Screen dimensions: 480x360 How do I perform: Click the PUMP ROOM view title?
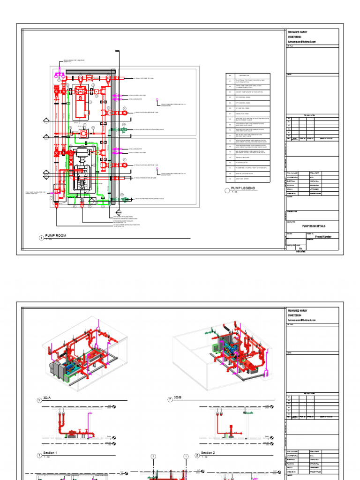pyautogui.click(x=55, y=237)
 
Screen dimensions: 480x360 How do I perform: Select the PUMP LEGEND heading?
pyautogui.click(x=243, y=188)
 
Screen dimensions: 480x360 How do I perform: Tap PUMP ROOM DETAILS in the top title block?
pyautogui.click(x=313, y=226)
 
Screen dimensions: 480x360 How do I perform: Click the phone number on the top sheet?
pyautogui.click(x=296, y=37)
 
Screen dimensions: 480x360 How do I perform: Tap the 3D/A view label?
pyautogui.click(x=47, y=398)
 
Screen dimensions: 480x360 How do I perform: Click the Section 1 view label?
pyautogui.click(x=50, y=453)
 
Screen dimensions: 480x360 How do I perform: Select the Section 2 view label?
pyautogui.click(x=208, y=453)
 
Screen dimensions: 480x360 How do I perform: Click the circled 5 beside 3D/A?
pyautogui.click(x=39, y=400)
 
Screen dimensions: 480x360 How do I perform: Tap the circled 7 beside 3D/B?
pyautogui.click(x=170, y=399)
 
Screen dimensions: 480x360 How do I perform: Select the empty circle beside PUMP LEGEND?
pyautogui.click(x=228, y=190)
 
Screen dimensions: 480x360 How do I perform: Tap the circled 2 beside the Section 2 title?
pyautogui.click(x=197, y=455)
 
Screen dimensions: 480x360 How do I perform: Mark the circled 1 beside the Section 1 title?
pyautogui.click(x=39, y=455)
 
